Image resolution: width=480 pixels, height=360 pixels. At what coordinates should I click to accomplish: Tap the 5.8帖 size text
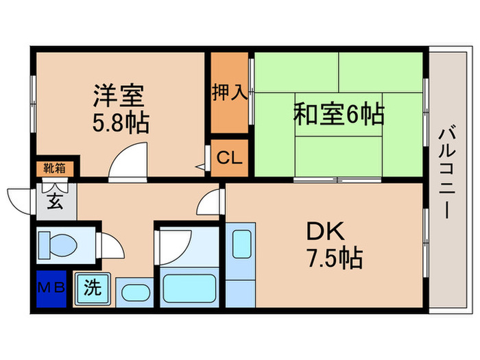click(121, 123)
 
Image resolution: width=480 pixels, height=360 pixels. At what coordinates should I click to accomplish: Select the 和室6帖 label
click(339, 113)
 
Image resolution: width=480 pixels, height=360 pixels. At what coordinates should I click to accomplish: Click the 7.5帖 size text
click(334, 259)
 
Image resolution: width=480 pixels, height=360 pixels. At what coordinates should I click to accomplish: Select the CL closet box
click(229, 158)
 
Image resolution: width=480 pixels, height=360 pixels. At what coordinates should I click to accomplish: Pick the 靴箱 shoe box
click(56, 166)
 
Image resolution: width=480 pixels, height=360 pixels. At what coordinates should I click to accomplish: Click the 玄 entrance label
click(53, 201)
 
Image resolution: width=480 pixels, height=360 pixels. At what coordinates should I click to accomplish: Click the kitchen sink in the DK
click(241, 244)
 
